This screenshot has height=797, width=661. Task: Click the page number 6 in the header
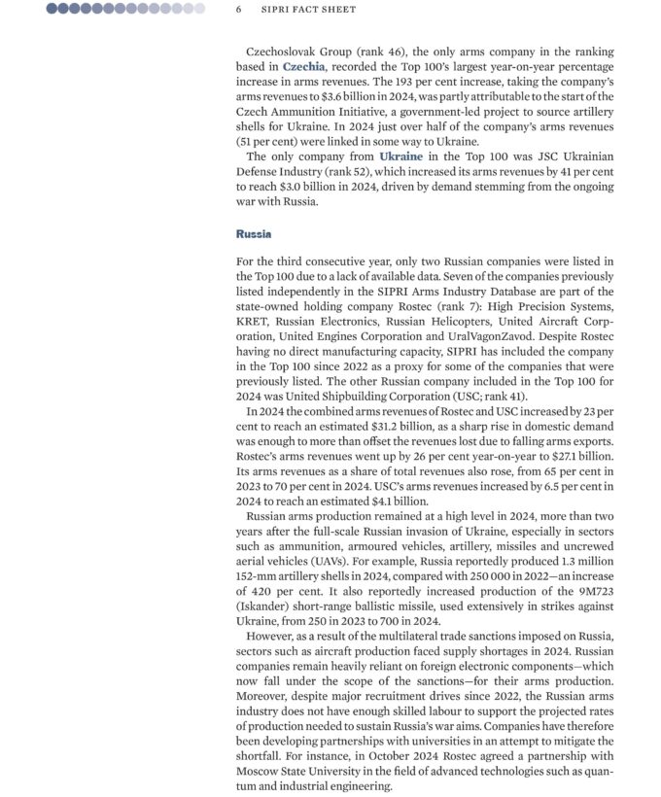[x=238, y=9]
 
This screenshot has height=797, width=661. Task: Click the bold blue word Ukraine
[x=400, y=156]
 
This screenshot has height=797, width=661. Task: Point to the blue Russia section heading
[x=254, y=234]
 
